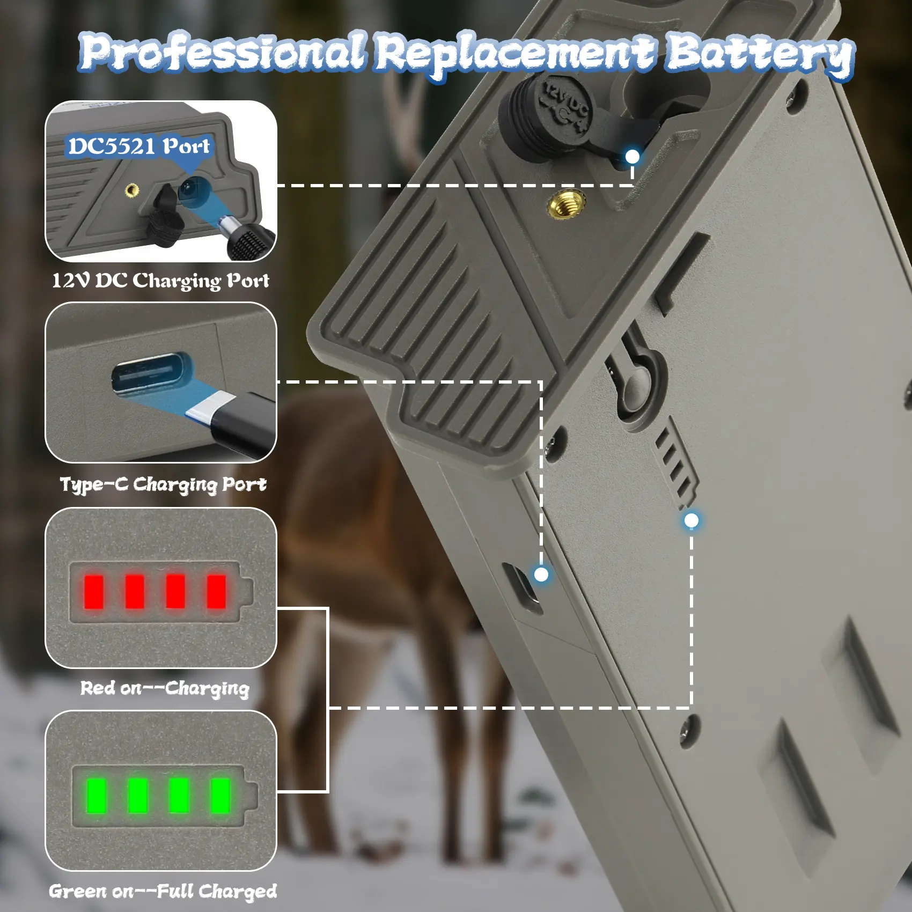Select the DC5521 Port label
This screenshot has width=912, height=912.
point(139,146)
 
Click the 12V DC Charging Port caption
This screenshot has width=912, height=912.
point(160,281)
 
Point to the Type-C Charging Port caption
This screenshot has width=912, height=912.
point(163,484)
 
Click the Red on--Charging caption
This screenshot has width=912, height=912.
point(165,688)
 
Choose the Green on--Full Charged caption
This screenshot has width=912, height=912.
point(163,891)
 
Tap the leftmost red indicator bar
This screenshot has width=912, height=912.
point(94,591)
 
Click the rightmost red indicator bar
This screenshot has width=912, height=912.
point(217,591)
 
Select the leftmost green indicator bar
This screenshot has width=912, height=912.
point(97,796)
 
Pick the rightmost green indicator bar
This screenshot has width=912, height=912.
point(220,796)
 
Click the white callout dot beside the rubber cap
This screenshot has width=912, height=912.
point(633,157)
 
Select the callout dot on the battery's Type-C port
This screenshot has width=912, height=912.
point(541,575)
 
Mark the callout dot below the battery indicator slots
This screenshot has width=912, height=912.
point(692,520)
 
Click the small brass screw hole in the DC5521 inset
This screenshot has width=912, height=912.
point(131,190)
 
